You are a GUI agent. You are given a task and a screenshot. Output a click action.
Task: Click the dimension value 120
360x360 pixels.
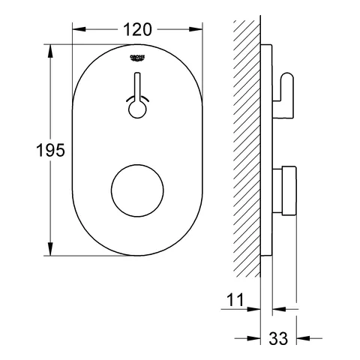(138, 29)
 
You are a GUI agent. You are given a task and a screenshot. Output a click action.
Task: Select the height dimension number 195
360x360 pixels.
(25, 150)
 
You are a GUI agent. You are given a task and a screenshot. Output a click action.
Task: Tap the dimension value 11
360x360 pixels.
(236, 301)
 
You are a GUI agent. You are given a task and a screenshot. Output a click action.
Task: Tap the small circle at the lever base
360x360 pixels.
(138, 109)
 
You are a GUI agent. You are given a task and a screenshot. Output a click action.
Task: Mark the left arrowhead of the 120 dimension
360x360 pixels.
(76, 30)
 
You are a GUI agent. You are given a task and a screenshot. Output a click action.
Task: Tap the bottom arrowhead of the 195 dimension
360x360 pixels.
(51, 251)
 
